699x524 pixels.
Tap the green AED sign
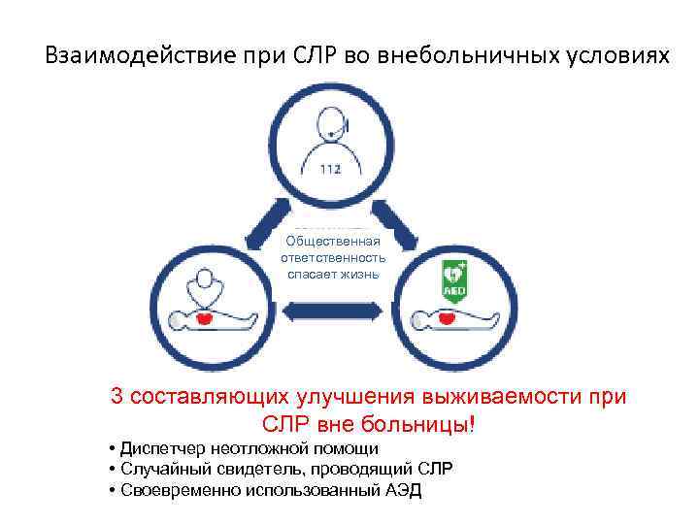tap(454, 277)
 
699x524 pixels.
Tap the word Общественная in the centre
tap(333, 242)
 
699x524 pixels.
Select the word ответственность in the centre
tap(333, 258)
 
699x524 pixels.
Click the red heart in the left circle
tap(205, 317)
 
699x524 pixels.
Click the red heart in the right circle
tap(448, 317)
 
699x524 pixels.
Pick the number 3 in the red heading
tap(116, 396)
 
